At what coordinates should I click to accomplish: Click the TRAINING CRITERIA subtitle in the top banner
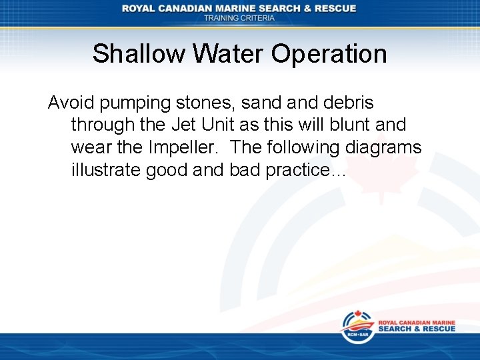(239, 18)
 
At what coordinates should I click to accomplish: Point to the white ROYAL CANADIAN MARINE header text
(239, 8)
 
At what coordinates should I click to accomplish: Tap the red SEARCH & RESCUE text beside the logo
(417, 329)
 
